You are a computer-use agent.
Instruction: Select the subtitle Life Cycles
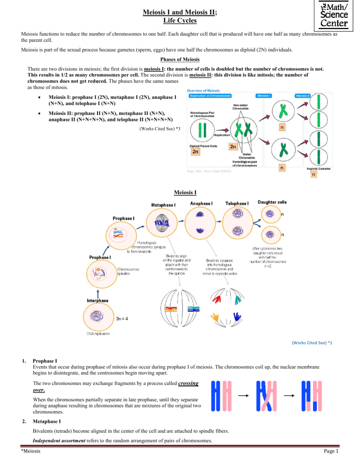point(180,21)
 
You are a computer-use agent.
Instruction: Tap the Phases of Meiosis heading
point(180,60)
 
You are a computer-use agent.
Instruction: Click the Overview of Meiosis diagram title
point(206,90)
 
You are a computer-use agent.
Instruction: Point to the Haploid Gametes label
point(320,169)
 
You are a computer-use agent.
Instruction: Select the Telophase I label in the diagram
point(237,203)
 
